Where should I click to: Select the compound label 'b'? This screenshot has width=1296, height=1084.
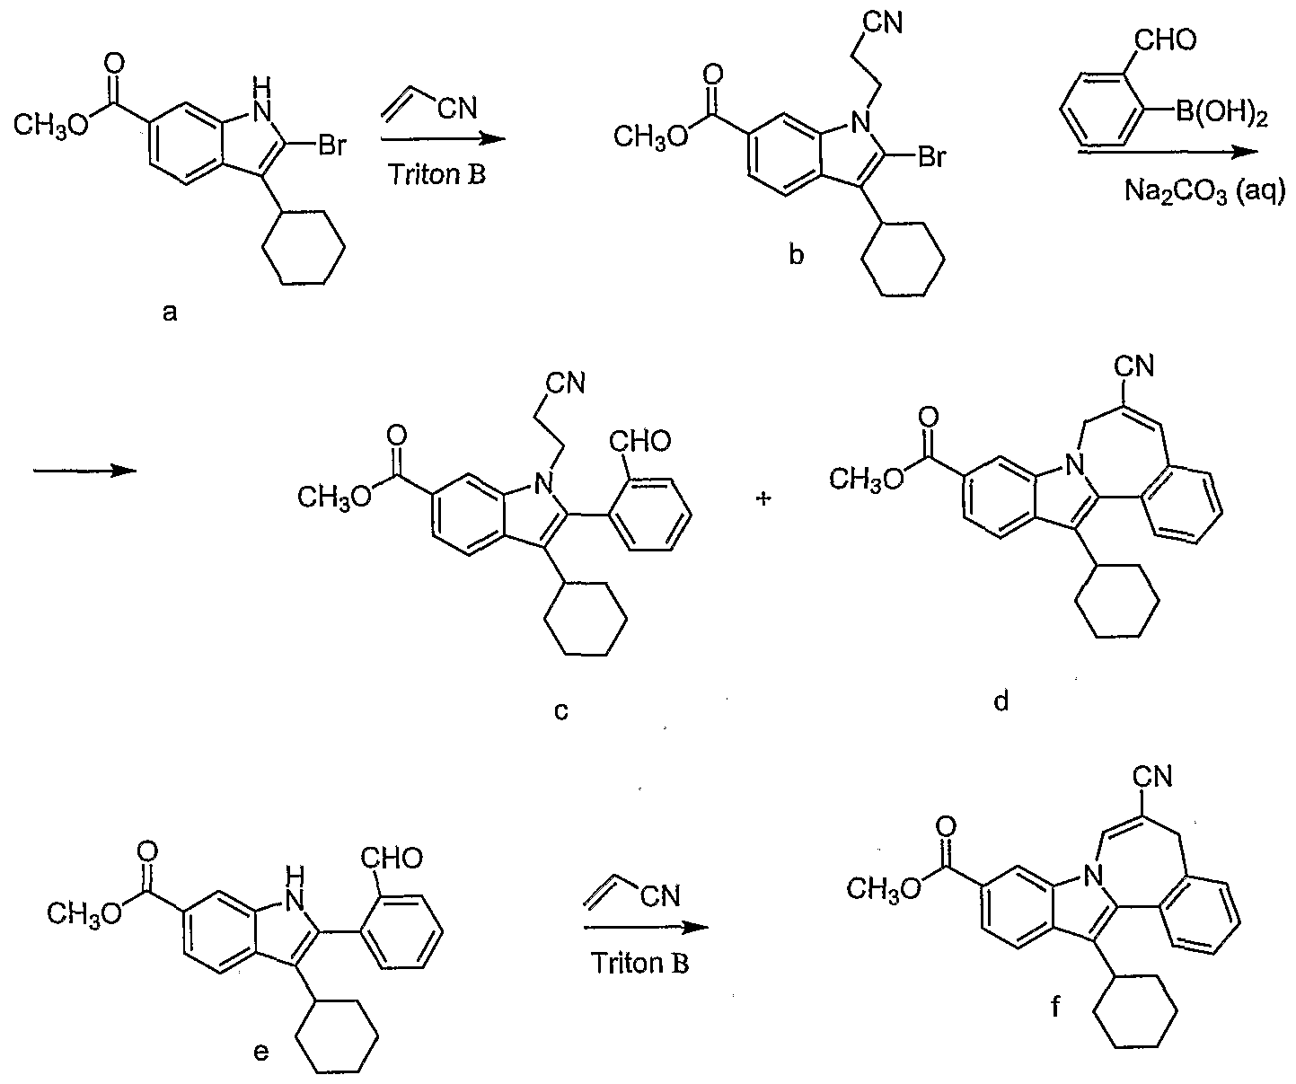click(x=797, y=254)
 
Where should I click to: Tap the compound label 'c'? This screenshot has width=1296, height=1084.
click(x=561, y=711)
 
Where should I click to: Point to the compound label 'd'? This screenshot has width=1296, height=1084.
click(x=1001, y=701)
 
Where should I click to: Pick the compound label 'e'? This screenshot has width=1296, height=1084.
click(x=261, y=1051)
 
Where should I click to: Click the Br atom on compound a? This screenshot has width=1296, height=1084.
click(x=332, y=145)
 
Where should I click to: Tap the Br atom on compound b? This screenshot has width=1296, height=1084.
click(x=931, y=157)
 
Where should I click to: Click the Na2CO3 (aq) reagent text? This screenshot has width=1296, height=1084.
click(x=1204, y=192)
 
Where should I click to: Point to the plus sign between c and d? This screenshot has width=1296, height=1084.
click(x=763, y=498)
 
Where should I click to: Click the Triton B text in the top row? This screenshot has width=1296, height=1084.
click(x=437, y=174)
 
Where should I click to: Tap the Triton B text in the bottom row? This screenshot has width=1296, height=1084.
click(x=639, y=963)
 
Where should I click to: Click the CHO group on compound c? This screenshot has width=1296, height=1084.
click(x=639, y=442)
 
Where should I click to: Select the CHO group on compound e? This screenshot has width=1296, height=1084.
click(x=391, y=858)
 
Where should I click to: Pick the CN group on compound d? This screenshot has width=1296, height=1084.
click(x=1134, y=366)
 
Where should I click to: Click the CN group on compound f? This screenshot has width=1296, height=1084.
click(x=1152, y=777)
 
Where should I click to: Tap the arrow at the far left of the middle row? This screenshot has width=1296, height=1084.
click(x=85, y=471)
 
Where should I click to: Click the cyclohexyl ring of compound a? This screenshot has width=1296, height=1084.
click(x=304, y=248)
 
